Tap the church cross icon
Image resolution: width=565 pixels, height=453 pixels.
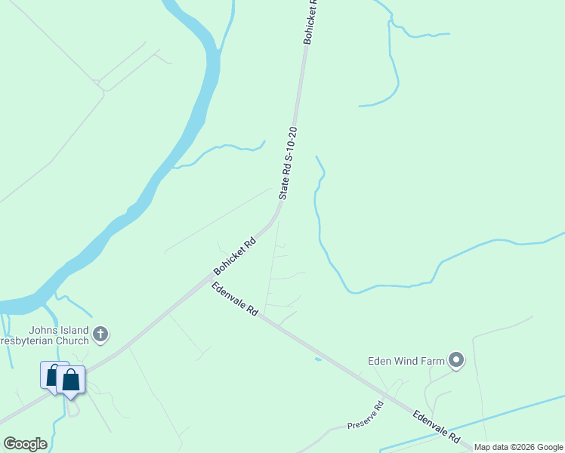click(100, 333)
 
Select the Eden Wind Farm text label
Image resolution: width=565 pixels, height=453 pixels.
click(406, 361)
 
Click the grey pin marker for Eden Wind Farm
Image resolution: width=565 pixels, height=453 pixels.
click(455, 360)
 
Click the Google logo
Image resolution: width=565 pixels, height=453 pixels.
click(25, 444)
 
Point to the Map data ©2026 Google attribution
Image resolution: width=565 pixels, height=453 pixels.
click(518, 447)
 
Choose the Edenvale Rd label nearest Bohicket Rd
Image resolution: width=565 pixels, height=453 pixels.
click(236, 299)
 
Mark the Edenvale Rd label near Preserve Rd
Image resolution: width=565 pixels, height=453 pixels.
click(437, 427)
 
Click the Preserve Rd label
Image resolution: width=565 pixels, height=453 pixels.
click(366, 415)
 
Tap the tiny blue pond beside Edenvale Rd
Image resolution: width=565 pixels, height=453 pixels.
click(317, 359)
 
